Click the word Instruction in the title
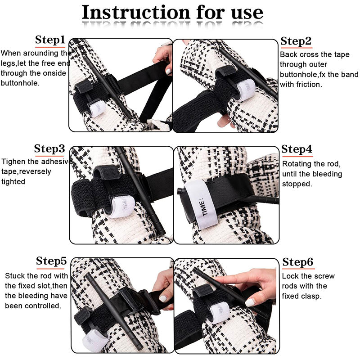tap(136, 12)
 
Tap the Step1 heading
tap(50, 40)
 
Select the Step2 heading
tap(296, 41)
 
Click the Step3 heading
tap(49, 149)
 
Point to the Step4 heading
tap(297, 149)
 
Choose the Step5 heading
tap(51, 261)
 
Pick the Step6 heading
tap(298, 262)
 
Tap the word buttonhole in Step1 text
tap(19, 83)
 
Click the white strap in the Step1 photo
tap(97, 108)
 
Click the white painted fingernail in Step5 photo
tap(163, 298)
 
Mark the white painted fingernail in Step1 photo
tap(168, 71)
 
